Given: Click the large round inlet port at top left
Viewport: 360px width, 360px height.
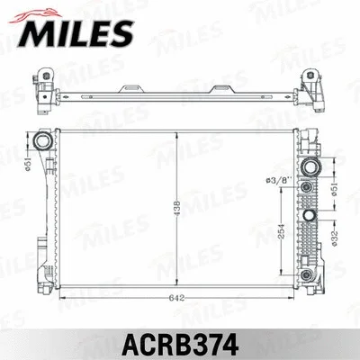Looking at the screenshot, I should pos(42,142).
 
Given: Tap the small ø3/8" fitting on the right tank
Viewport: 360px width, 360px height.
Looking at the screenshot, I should pos(307,186).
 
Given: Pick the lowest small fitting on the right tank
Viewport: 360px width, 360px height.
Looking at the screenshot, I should pos(308,273).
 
